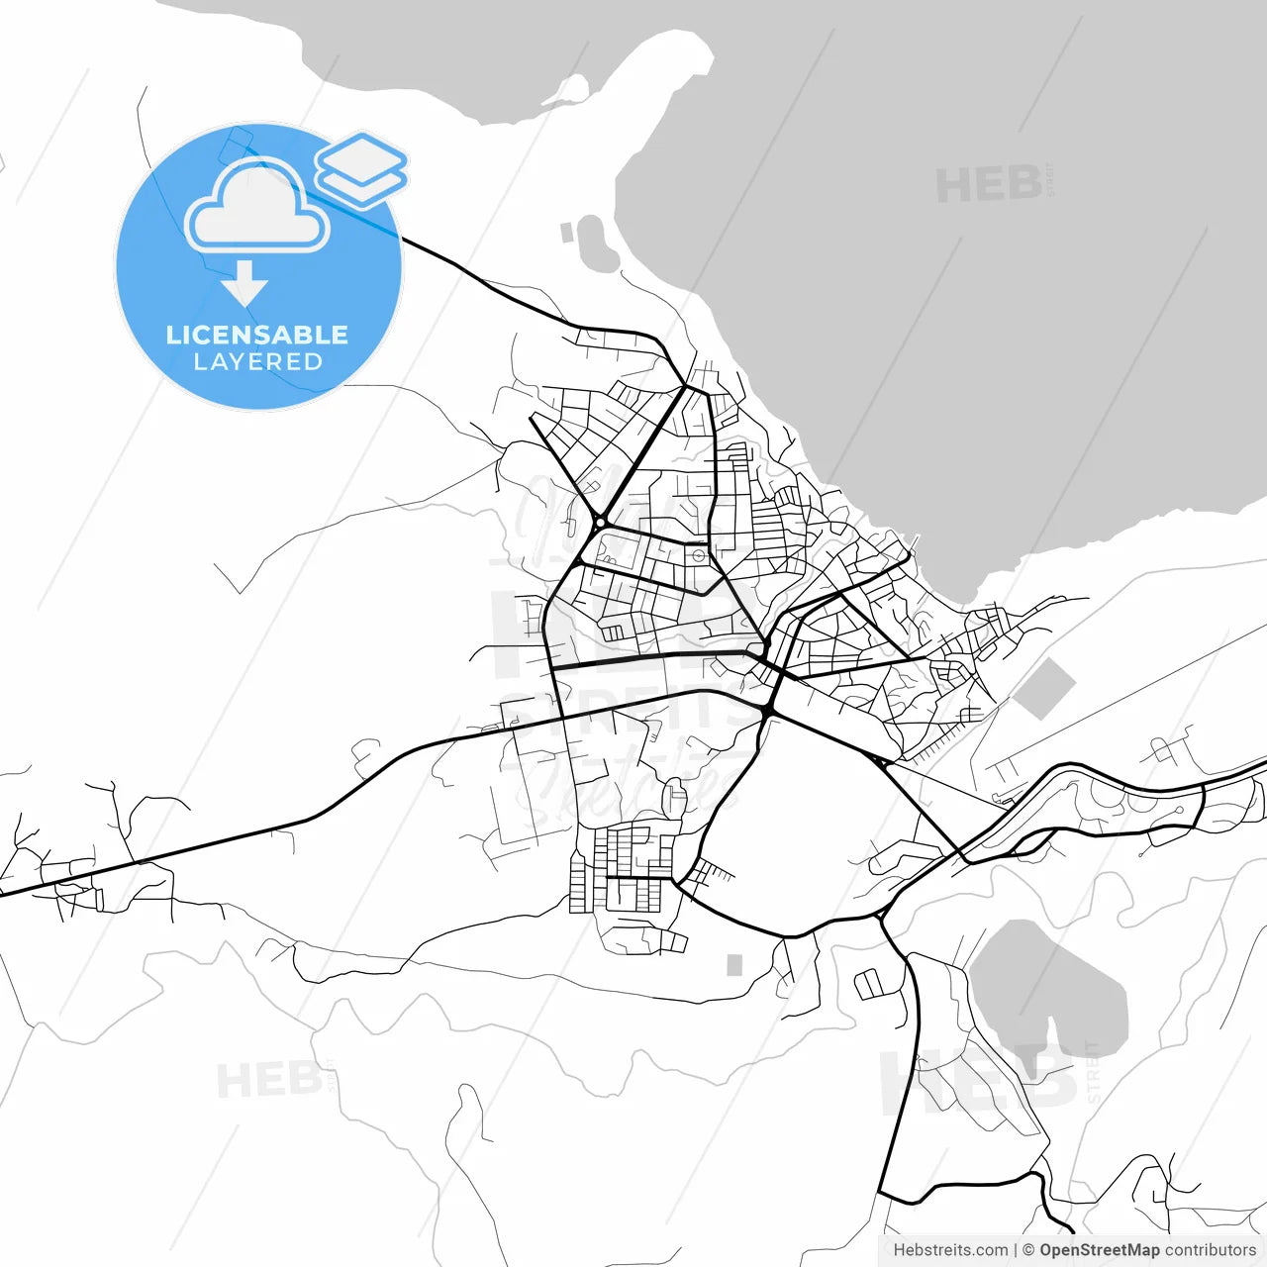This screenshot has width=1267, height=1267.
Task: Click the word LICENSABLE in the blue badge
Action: (257, 335)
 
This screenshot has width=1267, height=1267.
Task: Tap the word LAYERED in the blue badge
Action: (257, 362)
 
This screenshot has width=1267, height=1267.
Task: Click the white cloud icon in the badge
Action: (257, 206)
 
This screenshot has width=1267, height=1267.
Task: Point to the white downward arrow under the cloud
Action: (244, 283)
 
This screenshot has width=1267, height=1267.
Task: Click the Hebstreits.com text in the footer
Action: (950, 1250)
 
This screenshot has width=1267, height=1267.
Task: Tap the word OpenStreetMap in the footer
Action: (1099, 1250)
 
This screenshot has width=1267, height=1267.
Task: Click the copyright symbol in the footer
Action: (1028, 1250)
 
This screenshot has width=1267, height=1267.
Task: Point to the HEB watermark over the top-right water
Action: (989, 185)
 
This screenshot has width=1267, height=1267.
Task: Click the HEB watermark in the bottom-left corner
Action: (268, 1079)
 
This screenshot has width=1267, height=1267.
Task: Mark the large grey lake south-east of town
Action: (1049, 990)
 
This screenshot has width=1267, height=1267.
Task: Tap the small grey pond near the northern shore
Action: (596, 244)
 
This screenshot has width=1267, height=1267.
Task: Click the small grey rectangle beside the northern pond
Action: (567, 233)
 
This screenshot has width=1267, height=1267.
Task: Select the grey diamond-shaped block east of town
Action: (1044, 689)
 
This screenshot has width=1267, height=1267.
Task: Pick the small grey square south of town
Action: (734, 964)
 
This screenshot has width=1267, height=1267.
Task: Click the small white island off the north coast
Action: (569, 89)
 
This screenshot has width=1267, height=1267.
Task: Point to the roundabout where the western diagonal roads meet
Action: (600, 521)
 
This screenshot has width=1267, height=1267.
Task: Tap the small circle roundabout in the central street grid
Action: (700, 555)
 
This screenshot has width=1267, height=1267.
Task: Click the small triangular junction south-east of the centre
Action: (878, 761)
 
